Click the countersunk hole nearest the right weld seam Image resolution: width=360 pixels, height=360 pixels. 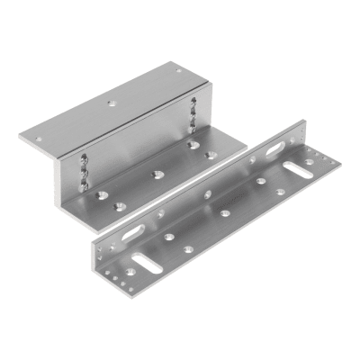click(x=193, y=143)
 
